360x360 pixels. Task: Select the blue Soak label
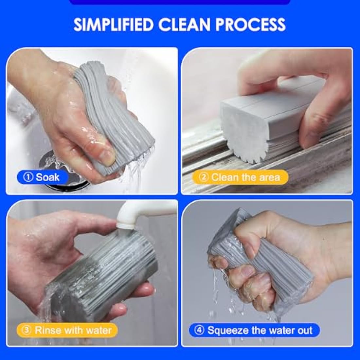tap(43, 177)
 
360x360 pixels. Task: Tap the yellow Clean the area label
tap(241, 177)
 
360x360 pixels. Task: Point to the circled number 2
tap(204, 177)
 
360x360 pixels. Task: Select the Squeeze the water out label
tap(254, 330)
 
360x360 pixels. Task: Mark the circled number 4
tap(199, 330)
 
